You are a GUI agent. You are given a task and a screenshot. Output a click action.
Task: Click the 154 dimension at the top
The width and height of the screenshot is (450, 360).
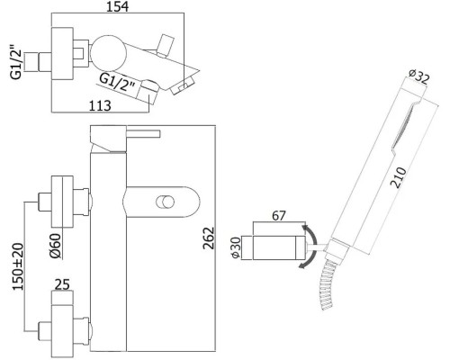[118, 6]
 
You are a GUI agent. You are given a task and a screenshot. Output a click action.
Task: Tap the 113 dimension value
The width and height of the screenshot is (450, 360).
[100, 106]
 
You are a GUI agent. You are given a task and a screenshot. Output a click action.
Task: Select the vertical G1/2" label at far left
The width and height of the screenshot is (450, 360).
[16, 62]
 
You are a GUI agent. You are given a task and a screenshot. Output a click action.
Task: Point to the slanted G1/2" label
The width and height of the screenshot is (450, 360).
[117, 83]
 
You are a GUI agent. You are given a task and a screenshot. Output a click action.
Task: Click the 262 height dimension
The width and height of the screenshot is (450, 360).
[209, 238]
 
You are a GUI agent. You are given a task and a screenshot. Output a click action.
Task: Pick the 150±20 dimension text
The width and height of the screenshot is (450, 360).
[18, 266]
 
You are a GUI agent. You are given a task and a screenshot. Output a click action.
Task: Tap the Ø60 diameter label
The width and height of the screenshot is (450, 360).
[56, 246]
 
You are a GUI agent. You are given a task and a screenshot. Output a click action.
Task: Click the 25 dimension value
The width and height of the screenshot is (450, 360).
[62, 284]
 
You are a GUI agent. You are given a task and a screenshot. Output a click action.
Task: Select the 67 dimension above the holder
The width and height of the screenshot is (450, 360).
[279, 216]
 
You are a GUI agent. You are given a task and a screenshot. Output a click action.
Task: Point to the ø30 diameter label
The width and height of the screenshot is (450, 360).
[236, 247]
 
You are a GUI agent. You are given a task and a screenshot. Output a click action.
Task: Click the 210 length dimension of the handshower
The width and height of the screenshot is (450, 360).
[399, 178]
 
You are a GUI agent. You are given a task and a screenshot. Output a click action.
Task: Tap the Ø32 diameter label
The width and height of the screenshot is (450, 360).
[419, 76]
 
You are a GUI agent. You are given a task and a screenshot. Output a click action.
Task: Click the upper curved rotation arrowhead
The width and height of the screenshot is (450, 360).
[305, 229]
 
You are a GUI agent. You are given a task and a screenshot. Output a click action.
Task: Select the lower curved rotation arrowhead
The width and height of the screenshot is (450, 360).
[303, 265]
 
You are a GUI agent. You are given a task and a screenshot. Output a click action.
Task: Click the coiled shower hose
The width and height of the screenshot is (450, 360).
[328, 285]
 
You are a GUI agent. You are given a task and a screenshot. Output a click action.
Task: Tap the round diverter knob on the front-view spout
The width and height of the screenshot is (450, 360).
[165, 202]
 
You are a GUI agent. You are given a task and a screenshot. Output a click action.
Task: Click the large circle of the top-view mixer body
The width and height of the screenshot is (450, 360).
[109, 54]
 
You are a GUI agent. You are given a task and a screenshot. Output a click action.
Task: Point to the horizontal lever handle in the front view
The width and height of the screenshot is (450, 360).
[143, 134]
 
